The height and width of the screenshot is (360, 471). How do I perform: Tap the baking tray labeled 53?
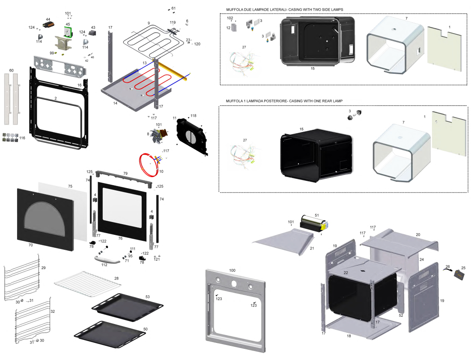(128, 306)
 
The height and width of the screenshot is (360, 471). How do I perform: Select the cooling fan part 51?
(313, 222)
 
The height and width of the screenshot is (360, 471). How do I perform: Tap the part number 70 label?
(30, 245)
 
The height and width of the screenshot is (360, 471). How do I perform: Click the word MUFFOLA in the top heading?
(234, 9)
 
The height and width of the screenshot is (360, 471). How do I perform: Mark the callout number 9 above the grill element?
(149, 23)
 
